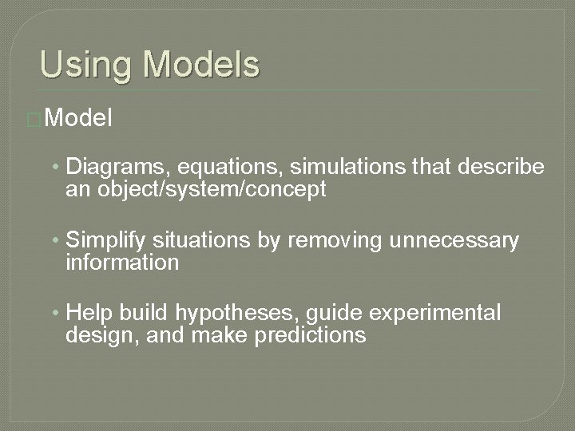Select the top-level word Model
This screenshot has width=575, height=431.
click(x=80, y=119)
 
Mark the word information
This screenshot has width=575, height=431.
click(x=122, y=263)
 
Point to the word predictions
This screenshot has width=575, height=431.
click(x=310, y=335)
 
